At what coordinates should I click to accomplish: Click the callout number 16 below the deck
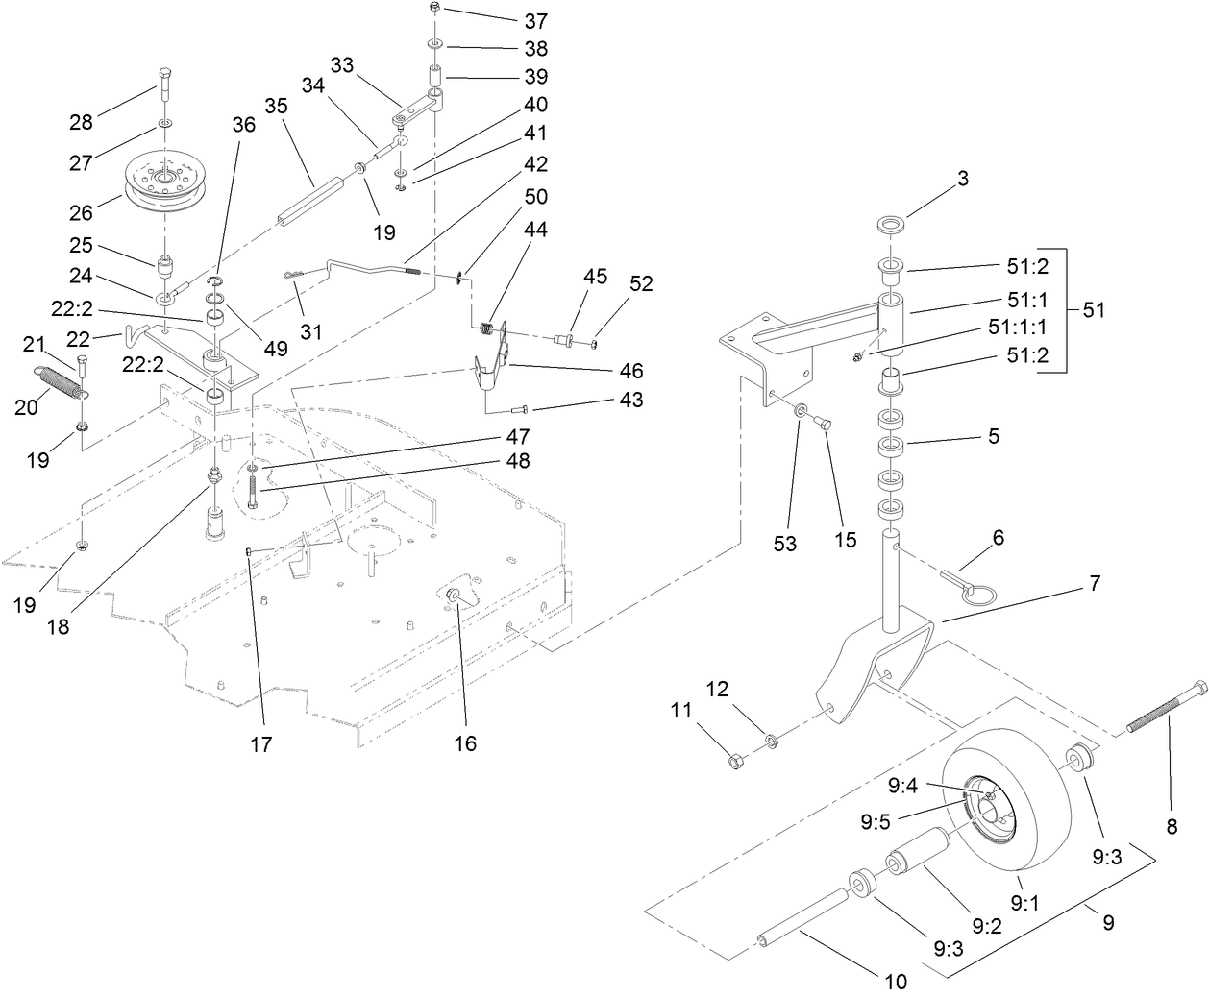pos(466,742)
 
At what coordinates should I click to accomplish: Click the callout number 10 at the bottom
pos(895,982)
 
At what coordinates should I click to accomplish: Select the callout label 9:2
pos(987,927)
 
